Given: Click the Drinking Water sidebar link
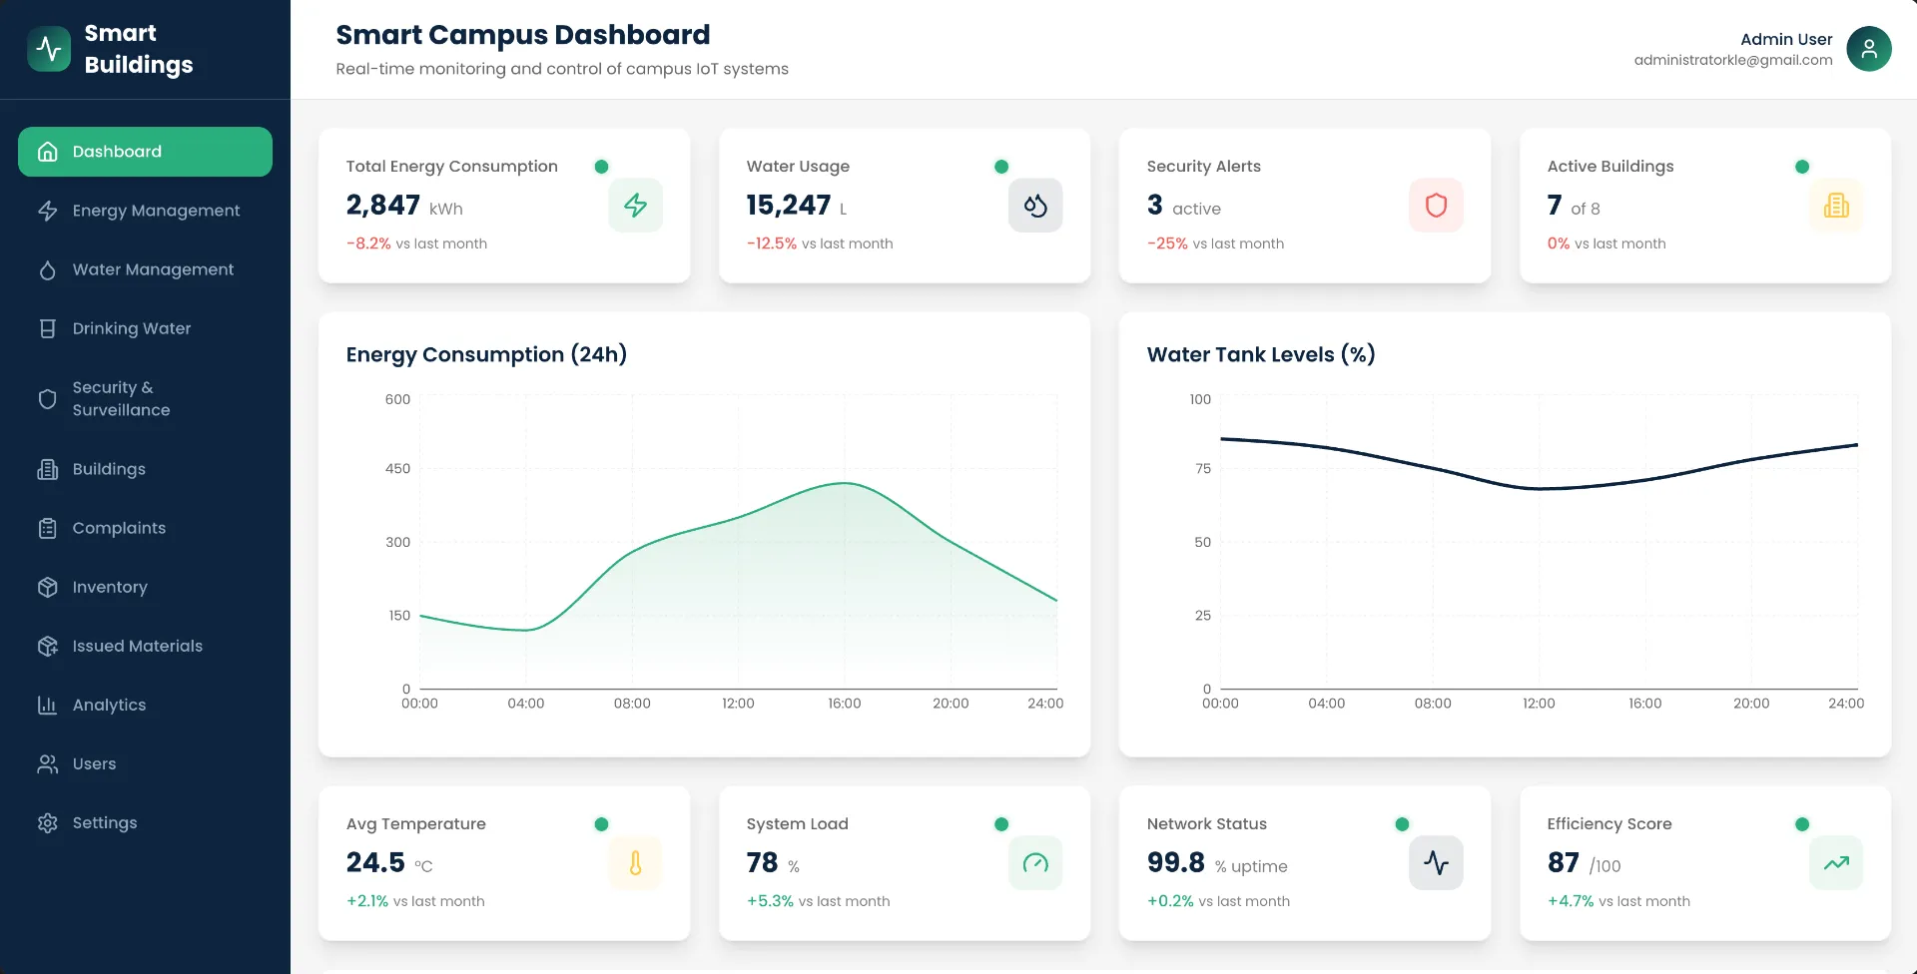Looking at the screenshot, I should pyautogui.click(x=131, y=328).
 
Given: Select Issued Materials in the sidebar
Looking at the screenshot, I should pyautogui.click(x=137, y=646).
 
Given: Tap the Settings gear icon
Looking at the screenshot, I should pyautogui.click(x=47, y=822).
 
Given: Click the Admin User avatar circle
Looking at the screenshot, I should pyautogui.click(x=1868, y=49).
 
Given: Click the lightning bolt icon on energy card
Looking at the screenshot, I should pyautogui.click(x=635, y=206).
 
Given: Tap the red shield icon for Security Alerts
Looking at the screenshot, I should pyautogui.click(x=1435, y=206).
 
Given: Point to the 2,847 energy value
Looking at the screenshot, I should pyautogui.click(x=382, y=205).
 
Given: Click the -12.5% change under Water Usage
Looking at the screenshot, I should pyautogui.click(x=771, y=243).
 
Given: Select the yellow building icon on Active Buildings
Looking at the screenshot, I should pyautogui.click(x=1835, y=206).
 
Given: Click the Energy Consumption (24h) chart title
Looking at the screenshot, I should pyautogui.click(x=486, y=354).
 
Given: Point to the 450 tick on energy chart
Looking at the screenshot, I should pyautogui.click(x=397, y=468).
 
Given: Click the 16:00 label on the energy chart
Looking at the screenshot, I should pyautogui.click(x=844, y=704).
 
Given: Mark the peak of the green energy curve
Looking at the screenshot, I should pyautogui.click(x=845, y=483).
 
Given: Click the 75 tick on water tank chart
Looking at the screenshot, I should pyautogui.click(x=1202, y=468).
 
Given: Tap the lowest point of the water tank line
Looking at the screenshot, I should pyautogui.click(x=1539, y=489).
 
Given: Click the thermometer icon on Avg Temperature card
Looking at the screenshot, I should pyautogui.click(x=635, y=863).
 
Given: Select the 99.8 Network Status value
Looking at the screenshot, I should pyautogui.click(x=1175, y=862).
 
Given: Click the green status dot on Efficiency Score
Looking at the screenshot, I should pyautogui.click(x=1801, y=824).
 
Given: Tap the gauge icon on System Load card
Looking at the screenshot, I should pyautogui.click(x=1035, y=863).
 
